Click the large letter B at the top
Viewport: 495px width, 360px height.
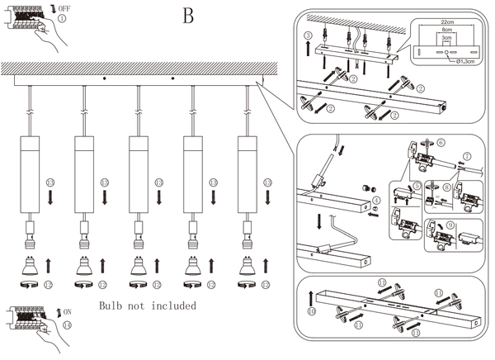coord(188,16)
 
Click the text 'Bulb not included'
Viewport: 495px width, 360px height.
coord(147,306)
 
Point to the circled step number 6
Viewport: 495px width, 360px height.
coord(441,142)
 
